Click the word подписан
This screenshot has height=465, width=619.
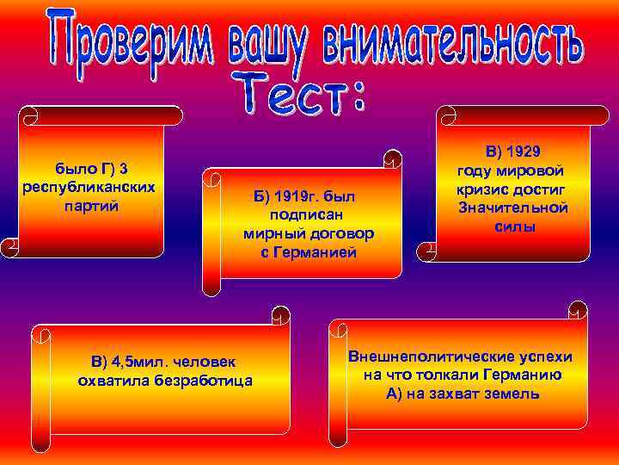[309, 215]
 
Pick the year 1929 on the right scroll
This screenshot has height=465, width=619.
[525, 152]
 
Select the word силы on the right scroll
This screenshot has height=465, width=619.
[515, 226]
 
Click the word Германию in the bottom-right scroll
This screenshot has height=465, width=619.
[514, 375]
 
